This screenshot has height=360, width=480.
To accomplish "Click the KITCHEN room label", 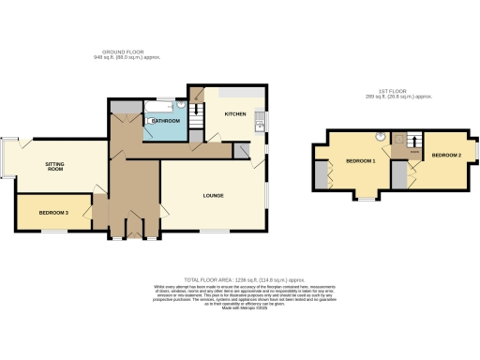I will tap(234, 115).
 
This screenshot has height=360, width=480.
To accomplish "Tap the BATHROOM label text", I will tap(166, 121).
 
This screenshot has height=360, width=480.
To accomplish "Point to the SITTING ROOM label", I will tap(55, 167).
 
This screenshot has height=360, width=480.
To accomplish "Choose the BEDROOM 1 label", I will tap(360, 161).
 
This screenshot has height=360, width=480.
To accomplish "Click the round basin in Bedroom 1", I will tap(381, 137).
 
